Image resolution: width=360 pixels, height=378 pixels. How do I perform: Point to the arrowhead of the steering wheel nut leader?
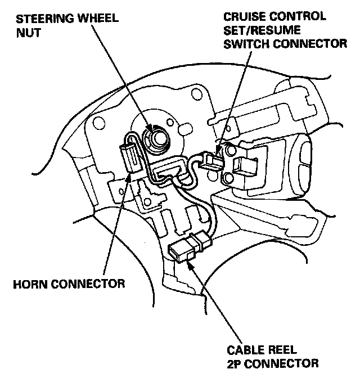coord(151,131)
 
